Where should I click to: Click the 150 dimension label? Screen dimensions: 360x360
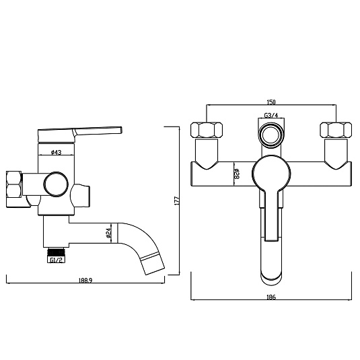tap(271, 102)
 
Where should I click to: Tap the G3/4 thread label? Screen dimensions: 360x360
tap(271, 115)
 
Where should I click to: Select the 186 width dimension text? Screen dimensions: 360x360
tap(271, 297)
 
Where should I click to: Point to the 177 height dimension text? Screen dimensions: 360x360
tap(177, 201)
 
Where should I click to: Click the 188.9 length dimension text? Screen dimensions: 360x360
tap(85, 280)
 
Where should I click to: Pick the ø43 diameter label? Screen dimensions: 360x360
tap(56, 152)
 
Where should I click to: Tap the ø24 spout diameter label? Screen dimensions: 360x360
tap(108, 233)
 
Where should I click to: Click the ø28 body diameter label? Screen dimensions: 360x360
tap(237, 174)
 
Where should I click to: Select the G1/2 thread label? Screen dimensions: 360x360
tap(57, 260)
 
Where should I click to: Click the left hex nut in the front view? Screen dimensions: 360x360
tap(207, 130)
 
